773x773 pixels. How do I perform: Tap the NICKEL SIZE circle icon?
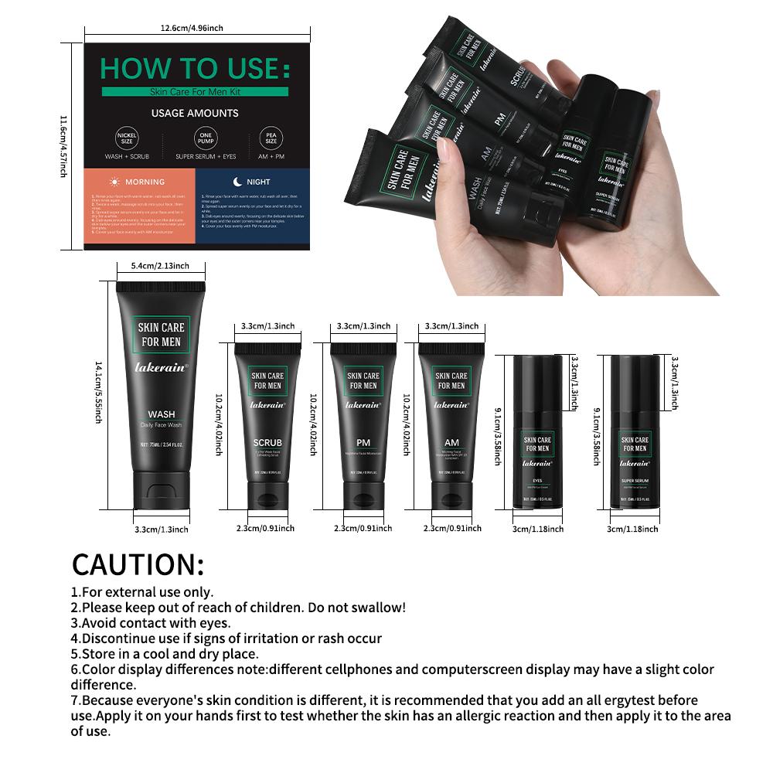127,139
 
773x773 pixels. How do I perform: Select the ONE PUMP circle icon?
205,139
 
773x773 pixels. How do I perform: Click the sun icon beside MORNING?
114,182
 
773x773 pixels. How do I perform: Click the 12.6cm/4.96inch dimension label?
192,28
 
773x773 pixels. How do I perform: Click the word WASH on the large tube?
162,414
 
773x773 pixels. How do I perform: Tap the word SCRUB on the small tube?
268,443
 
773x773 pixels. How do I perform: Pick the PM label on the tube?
363,443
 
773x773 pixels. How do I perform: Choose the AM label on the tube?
451,443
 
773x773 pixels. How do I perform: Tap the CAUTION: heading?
138,564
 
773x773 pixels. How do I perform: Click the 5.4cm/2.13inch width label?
160,266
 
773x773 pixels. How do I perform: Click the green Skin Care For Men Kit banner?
195,91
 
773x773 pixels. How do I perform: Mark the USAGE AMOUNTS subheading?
195,113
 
